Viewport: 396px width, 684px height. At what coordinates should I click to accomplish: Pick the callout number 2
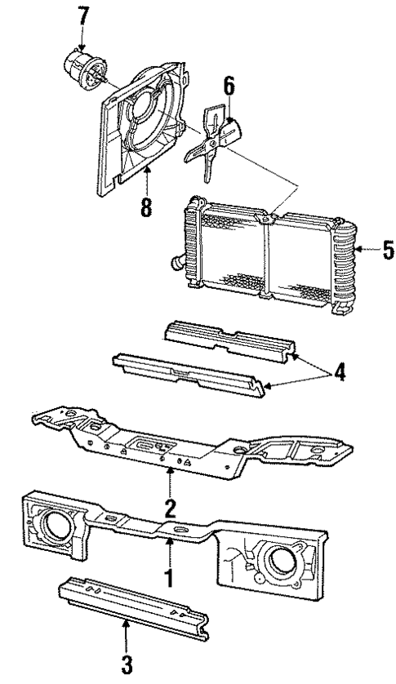169,509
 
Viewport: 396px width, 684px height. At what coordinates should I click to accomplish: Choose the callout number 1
169,581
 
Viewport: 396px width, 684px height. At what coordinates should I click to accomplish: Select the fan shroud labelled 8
143,131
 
